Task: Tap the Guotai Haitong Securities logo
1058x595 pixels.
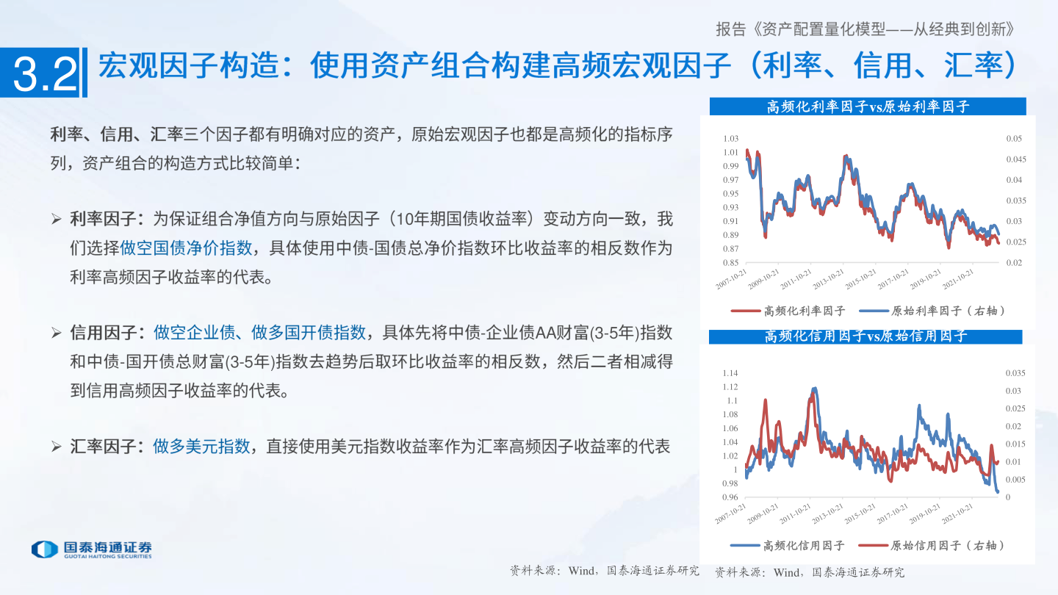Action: coord(91,549)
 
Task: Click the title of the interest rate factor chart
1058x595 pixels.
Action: coord(867,107)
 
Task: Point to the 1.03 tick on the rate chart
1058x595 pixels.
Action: coord(730,139)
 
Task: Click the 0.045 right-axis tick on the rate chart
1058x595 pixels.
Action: coord(1014,159)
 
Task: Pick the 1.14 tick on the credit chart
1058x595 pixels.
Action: coord(730,373)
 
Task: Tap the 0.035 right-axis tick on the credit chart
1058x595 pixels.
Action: coord(1013,373)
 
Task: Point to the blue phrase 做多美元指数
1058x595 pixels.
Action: coord(201,446)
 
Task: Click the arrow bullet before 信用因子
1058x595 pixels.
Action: coord(57,333)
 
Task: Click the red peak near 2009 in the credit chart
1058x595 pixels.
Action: coord(766,401)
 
